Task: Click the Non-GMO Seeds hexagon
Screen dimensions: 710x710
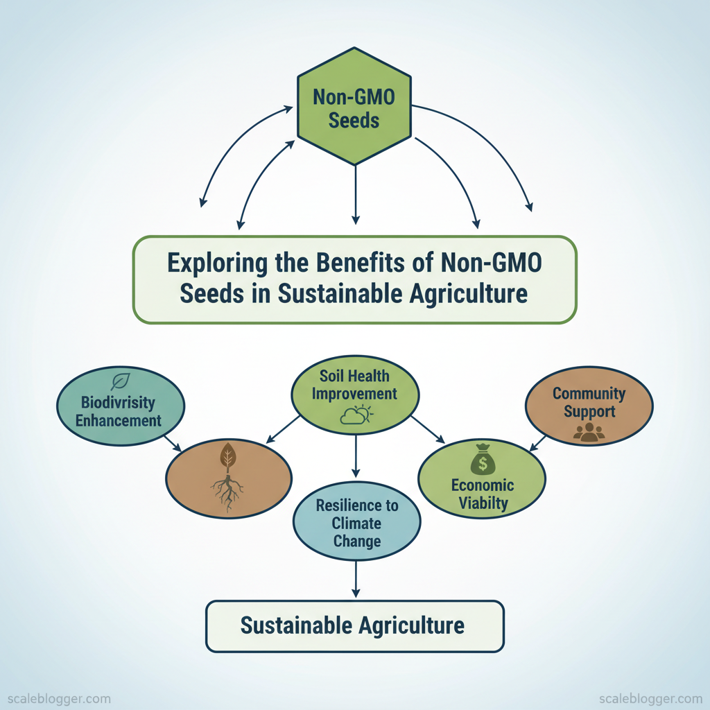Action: pos(354,107)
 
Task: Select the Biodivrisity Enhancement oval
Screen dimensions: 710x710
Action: pos(119,410)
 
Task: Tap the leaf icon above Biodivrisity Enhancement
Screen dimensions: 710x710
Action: pos(121,382)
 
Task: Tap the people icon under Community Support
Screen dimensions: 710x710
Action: pos(589,433)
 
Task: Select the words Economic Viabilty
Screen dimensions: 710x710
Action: pos(482,494)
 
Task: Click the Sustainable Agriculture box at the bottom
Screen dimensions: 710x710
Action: pos(354,626)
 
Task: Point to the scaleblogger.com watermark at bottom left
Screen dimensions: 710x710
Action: pos(55,698)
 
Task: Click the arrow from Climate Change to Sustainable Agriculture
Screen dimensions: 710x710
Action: pos(356,579)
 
